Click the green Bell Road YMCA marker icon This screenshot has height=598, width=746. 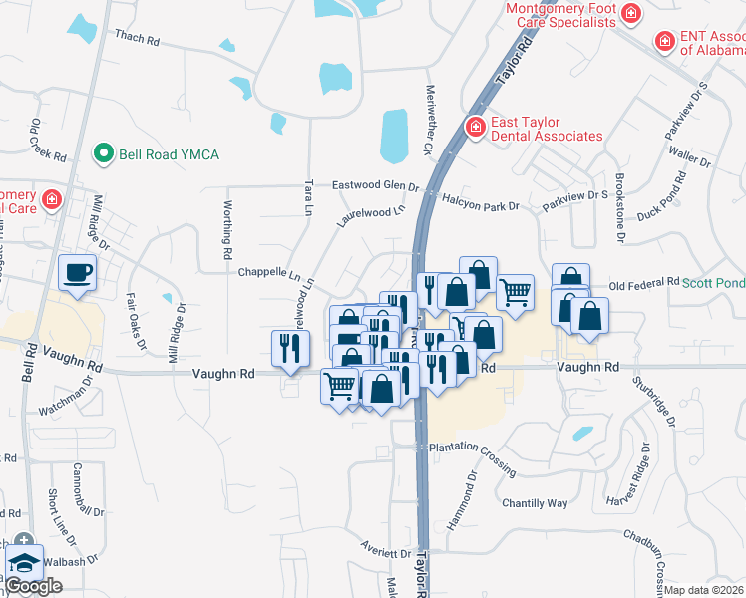[x=101, y=154]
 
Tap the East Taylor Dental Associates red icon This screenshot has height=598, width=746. [x=476, y=127]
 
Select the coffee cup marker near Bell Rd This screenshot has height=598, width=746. [x=78, y=272]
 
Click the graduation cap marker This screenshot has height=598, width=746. [x=24, y=563]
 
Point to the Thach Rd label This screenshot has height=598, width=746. [x=137, y=38]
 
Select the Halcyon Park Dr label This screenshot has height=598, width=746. [x=481, y=205]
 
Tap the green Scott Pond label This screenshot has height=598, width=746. [x=714, y=283]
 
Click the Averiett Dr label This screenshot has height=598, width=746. [x=388, y=553]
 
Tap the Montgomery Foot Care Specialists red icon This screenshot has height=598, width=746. [x=630, y=13]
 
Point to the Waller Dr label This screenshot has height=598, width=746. [x=683, y=154]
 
